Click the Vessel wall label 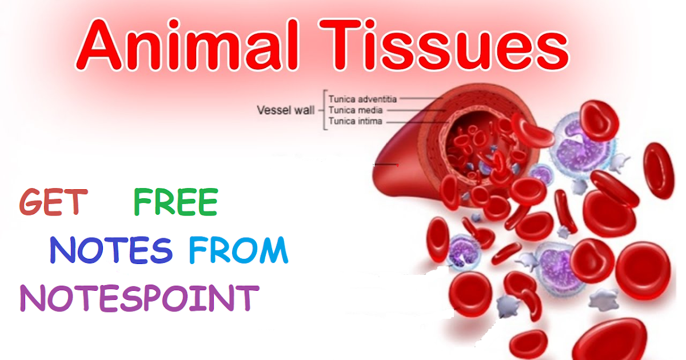pos(285,110)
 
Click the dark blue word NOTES pos(111,250)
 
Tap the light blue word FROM pos(238,250)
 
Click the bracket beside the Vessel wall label pos(324,110)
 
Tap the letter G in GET pos(32,202)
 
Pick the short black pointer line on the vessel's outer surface pos(386,165)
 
